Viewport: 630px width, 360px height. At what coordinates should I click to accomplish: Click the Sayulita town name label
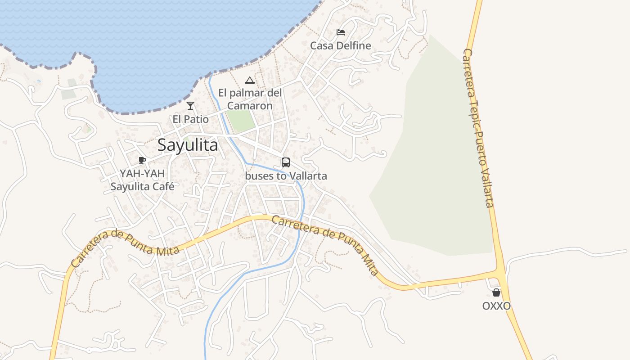pos(188,145)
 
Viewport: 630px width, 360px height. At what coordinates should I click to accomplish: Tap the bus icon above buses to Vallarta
pos(286,162)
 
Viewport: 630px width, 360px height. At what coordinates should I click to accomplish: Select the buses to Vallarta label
pos(286,176)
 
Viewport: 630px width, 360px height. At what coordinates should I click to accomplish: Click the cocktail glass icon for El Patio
pos(190,106)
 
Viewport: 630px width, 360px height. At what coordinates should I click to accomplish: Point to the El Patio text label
pos(190,119)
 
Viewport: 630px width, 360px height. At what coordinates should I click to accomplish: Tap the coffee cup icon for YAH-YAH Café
pos(142,160)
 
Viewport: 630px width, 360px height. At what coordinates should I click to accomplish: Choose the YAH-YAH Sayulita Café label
pos(142,180)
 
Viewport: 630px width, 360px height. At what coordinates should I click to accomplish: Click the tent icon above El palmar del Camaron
pos(250,81)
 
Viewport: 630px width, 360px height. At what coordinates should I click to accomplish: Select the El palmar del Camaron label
pos(250,99)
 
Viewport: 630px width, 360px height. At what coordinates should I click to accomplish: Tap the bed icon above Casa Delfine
pos(341,32)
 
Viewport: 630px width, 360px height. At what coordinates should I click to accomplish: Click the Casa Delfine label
pos(341,45)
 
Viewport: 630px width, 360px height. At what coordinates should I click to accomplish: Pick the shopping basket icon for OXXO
pos(496,292)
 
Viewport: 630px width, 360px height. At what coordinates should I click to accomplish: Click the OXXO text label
pos(496,306)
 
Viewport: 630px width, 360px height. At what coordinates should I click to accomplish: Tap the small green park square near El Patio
pos(241,121)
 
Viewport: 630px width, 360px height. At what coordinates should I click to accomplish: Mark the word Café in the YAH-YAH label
pos(163,186)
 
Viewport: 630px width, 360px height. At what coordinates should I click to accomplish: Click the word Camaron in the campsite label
pos(250,106)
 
